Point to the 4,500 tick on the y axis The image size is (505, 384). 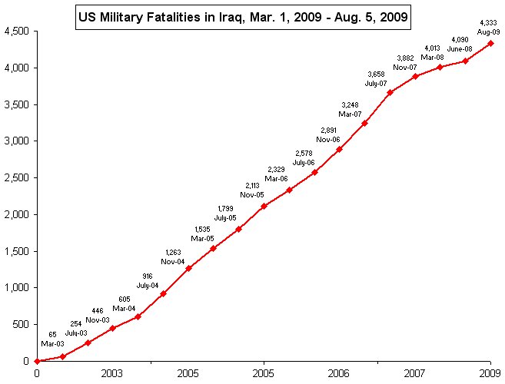coord(18,31)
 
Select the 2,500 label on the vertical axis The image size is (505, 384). coord(18,178)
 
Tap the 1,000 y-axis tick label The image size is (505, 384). coord(18,288)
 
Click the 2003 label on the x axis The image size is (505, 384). coord(112,373)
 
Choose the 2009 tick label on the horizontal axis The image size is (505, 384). coord(490,373)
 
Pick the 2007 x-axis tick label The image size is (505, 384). coord(415,373)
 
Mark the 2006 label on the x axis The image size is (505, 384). coord(339,373)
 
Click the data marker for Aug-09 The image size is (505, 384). coord(490,43)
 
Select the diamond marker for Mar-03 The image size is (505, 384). coord(62,356)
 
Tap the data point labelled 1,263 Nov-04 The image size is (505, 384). coord(188,268)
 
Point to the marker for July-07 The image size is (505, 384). coord(390,92)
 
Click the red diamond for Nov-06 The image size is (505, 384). coord(339,149)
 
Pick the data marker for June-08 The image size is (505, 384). coord(466,61)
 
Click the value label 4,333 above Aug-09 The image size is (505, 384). coord(488,23)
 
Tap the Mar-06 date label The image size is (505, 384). coord(276,178)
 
